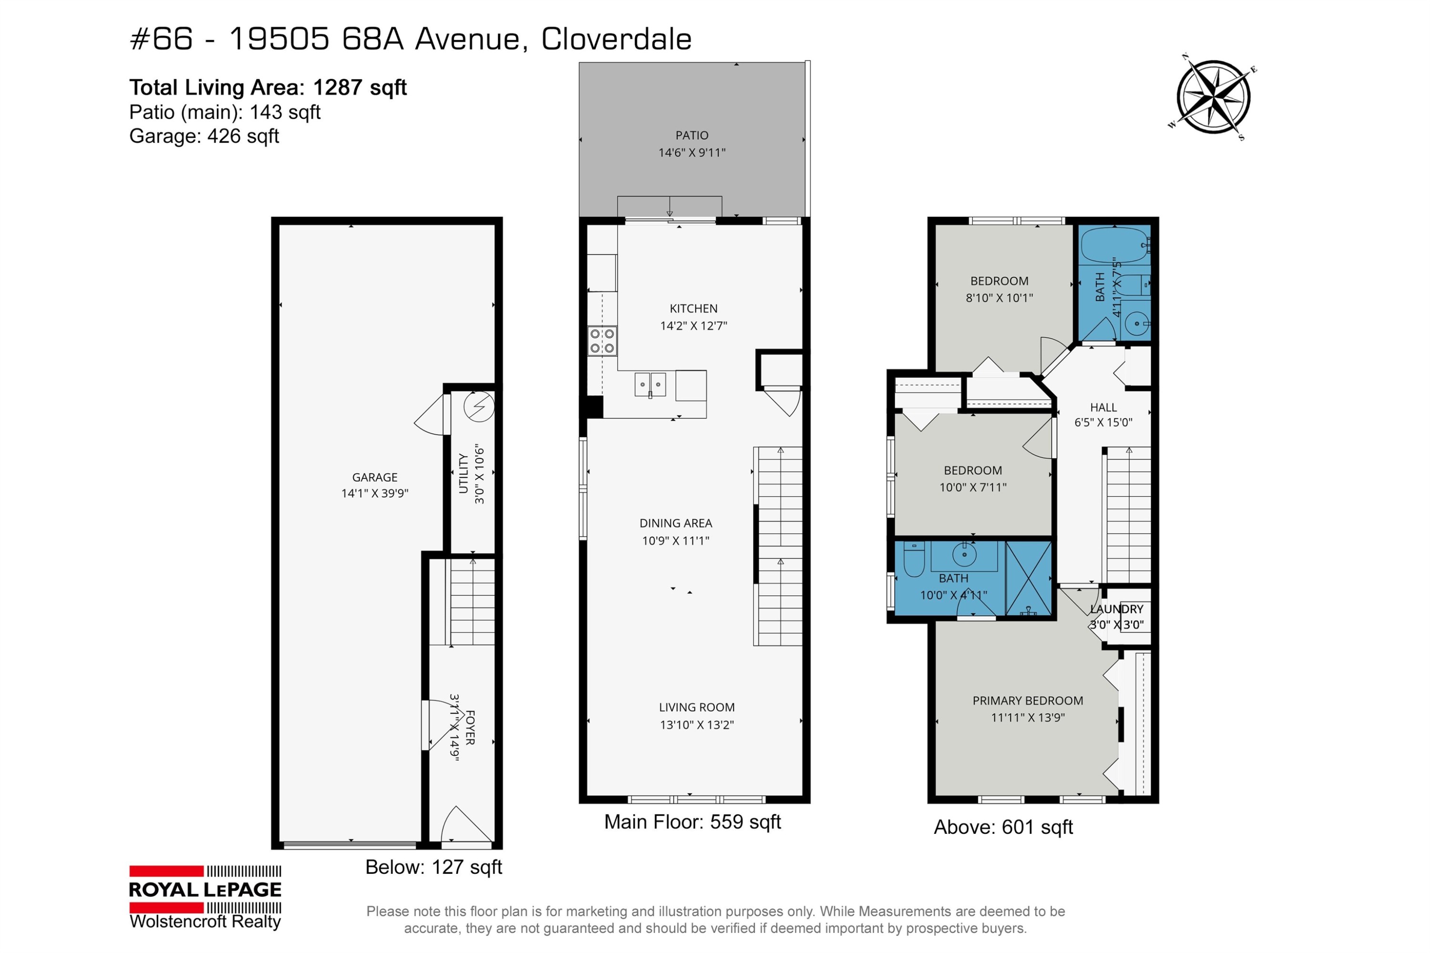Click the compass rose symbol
(x=1213, y=97)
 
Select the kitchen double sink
(x=650, y=385)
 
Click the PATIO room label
(x=692, y=135)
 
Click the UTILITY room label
(x=463, y=474)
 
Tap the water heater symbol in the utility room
(x=479, y=406)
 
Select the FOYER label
(x=470, y=727)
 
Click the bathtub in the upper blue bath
(x=1114, y=245)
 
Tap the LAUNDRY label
(x=1116, y=609)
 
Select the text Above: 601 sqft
(x=1003, y=828)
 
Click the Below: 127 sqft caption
(x=433, y=867)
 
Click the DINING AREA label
(x=675, y=523)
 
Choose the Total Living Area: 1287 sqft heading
(x=267, y=88)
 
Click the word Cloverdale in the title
(x=616, y=40)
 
